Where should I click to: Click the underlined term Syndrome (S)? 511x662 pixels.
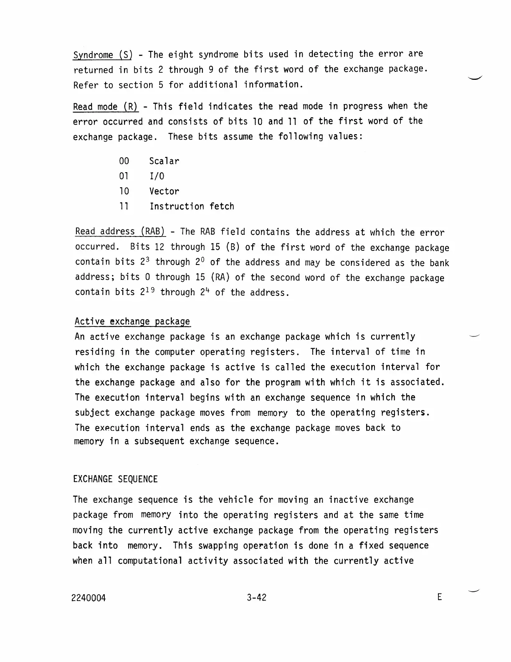[x=102, y=55]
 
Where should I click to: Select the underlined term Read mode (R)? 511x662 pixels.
[x=105, y=107]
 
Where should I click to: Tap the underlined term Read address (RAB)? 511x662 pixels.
[x=120, y=232]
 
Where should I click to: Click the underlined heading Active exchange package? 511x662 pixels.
[x=132, y=322]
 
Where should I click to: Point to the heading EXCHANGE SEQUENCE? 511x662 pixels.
[x=115, y=479]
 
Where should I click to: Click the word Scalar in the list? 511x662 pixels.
[x=164, y=161]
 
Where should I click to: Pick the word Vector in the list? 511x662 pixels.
[x=164, y=191]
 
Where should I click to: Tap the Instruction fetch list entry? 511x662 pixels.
[x=192, y=206]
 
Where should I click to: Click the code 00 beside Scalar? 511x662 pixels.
[x=124, y=161]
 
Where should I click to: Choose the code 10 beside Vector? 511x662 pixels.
[x=124, y=191]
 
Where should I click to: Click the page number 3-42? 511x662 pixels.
[x=256, y=598]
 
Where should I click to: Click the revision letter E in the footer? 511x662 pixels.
[x=439, y=597]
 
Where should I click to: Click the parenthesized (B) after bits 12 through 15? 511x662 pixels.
[x=232, y=247]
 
